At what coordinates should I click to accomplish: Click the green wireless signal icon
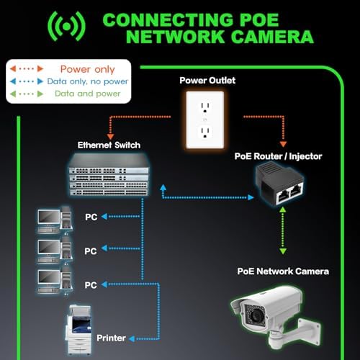(66, 27)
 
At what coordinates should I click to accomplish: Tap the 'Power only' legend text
(88, 69)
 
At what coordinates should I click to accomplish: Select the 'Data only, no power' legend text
(88, 81)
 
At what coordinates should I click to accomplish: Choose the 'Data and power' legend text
(88, 94)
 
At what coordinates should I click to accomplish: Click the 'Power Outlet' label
(207, 80)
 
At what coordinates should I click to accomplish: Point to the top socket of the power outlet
(205, 107)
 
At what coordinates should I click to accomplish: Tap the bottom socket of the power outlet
(205, 132)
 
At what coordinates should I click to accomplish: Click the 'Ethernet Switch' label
(109, 145)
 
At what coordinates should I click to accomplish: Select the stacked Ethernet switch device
(109, 174)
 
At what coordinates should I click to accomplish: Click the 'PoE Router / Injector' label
(278, 156)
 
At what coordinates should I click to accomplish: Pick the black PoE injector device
(280, 184)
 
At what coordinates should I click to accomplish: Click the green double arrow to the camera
(283, 230)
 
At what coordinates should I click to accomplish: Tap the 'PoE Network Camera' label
(283, 271)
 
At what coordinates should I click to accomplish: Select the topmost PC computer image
(55, 220)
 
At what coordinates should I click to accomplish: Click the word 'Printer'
(111, 338)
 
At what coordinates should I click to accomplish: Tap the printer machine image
(78, 330)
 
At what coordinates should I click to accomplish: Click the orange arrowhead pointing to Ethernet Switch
(110, 137)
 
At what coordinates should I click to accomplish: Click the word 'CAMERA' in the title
(273, 37)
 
